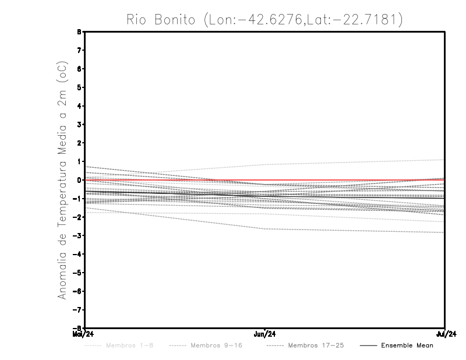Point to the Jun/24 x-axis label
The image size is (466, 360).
(x=265, y=334)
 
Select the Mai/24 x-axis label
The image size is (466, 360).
(x=83, y=334)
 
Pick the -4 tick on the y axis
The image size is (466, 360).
(x=79, y=254)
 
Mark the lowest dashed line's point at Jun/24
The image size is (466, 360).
(x=265, y=229)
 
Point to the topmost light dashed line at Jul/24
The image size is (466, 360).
(x=444, y=160)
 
